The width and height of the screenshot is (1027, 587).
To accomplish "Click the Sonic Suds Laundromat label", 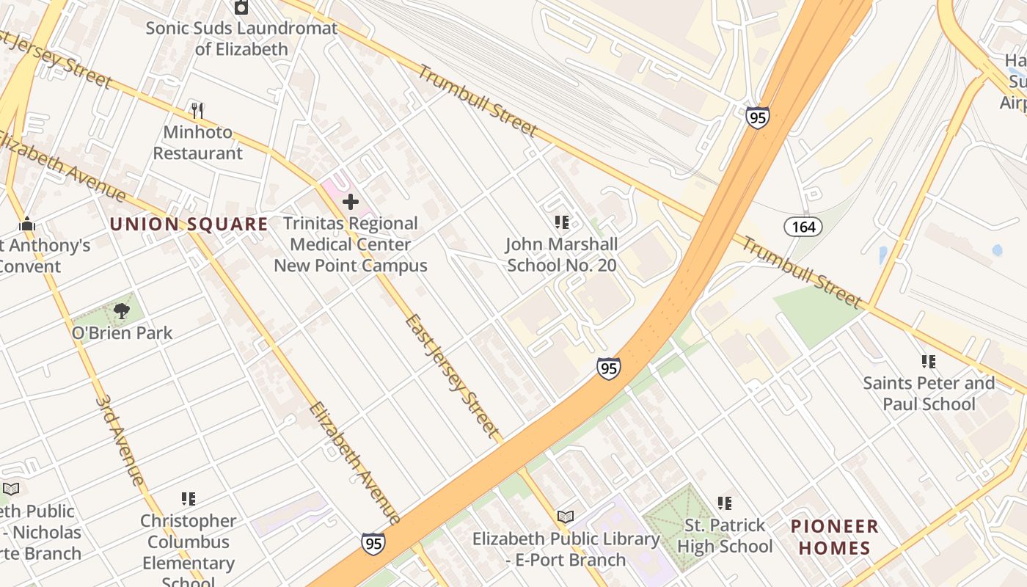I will point(241,39).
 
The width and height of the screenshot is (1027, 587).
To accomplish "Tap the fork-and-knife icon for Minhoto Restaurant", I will point(197,111).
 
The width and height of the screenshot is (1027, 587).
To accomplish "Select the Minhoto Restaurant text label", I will point(197,143).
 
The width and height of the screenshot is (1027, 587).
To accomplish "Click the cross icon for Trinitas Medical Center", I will point(351,201).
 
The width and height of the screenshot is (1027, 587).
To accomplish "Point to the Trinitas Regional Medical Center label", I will point(351,244).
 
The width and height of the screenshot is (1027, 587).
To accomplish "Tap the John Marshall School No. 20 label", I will point(562,255).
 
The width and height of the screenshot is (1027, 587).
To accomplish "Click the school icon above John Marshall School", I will point(562,222).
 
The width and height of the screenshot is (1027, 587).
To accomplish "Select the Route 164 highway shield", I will point(803,227).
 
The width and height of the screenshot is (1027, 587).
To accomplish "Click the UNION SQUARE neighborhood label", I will point(189,225).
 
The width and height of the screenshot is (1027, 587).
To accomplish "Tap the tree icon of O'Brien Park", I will point(122,311).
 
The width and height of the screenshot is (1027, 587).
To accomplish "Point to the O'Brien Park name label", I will point(122,333).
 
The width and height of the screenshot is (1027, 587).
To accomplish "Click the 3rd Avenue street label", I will point(119,441).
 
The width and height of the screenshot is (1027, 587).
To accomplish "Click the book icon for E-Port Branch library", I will point(566,517).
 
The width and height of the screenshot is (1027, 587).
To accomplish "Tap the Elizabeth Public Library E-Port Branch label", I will point(566,549).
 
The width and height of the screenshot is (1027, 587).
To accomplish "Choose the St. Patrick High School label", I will point(725,536).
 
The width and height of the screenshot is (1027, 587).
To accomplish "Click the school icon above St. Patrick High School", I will point(725,503).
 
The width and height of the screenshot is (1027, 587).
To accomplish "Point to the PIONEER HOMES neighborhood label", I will point(835,537).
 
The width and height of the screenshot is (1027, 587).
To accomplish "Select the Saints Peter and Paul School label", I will point(929,393).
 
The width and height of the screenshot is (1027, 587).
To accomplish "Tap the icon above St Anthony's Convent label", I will point(27,223).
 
